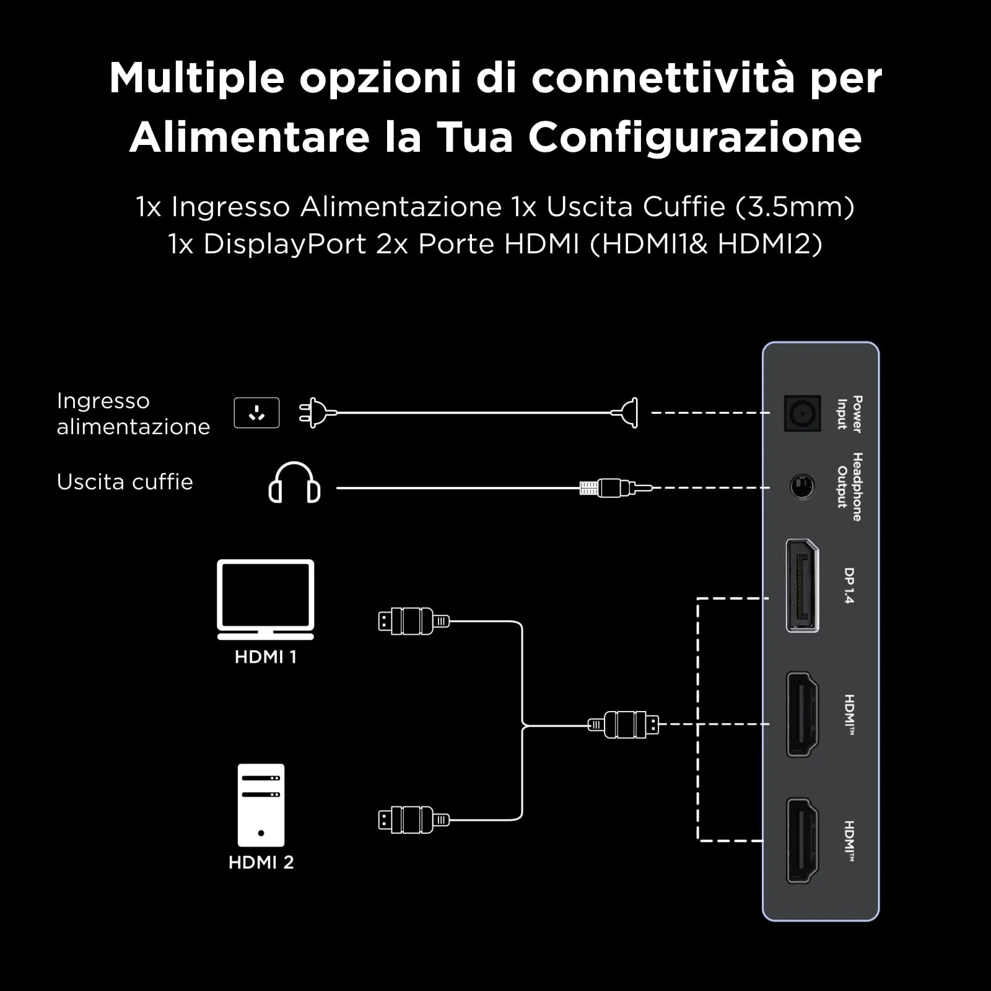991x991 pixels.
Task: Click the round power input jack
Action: point(802,413)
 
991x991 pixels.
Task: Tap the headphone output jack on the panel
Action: point(802,487)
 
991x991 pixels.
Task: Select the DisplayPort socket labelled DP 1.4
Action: point(802,585)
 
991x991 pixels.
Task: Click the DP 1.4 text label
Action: point(849,585)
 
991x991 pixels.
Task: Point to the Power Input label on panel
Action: point(850,414)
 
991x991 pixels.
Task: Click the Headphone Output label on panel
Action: point(850,487)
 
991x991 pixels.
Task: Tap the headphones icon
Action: point(294,482)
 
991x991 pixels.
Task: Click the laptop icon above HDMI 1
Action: point(266,599)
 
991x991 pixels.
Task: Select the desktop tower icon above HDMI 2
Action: point(261,805)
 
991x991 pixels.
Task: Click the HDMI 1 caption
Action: point(266,657)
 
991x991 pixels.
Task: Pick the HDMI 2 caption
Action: point(261,862)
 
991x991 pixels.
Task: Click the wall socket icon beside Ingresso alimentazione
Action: point(256,413)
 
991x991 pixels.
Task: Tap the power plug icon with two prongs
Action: point(318,413)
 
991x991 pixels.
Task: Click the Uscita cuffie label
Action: point(125,482)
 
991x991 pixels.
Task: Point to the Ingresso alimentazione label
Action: point(133,414)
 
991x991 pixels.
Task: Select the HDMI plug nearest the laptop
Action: point(414,621)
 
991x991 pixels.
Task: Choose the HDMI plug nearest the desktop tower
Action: point(414,820)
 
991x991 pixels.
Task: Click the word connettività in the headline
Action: point(663,78)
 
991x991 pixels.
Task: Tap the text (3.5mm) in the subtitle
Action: point(795,207)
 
